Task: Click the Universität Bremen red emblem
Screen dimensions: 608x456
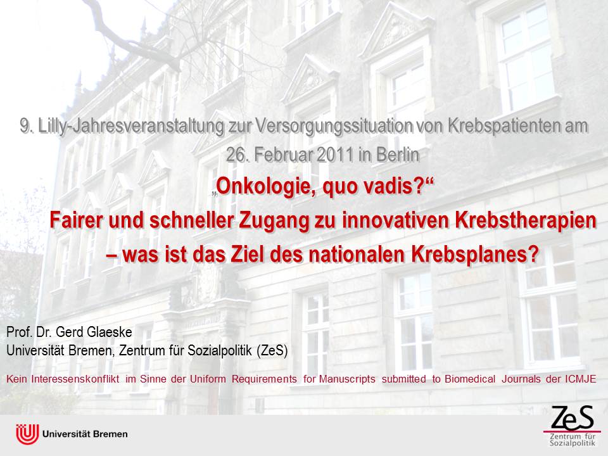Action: (x=27, y=434)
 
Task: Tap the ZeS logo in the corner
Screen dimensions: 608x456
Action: (x=573, y=426)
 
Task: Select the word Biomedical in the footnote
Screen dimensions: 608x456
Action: (x=470, y=379)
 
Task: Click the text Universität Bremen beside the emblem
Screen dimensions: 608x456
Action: (x=85, y=434)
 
